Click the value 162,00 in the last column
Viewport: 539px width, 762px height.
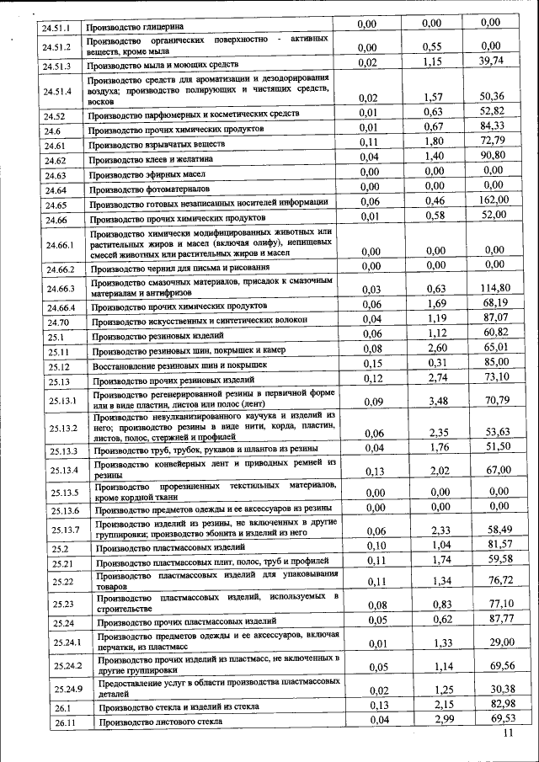point(495,200)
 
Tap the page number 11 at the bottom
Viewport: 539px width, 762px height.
point(507,733)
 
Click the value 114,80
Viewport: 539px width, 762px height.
point(495,288)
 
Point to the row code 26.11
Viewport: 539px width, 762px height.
point(63,722)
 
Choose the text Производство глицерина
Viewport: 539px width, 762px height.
point(137,27)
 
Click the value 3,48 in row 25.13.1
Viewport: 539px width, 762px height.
point(434,401)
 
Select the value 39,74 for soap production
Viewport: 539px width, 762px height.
point(495,62)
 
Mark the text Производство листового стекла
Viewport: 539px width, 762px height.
point(160,722)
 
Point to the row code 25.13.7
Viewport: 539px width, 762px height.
point(64,529)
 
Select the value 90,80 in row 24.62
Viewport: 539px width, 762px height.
point(495,156)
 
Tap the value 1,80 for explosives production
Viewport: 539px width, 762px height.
point(433,141)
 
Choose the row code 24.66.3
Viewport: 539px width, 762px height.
point(60,288)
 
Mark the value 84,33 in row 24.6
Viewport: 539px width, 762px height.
point(495,126)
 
